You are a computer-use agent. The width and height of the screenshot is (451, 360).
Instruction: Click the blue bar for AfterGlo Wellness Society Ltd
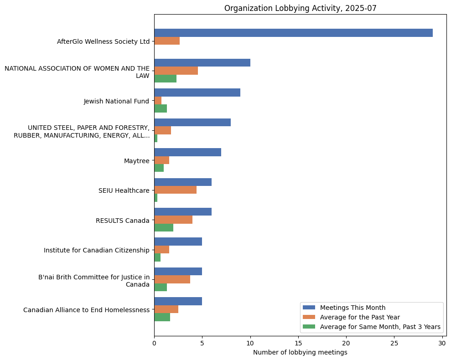293,33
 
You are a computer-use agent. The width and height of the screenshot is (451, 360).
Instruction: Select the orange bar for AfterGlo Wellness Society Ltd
167,41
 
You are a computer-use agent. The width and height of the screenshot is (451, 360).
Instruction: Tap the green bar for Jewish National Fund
161,108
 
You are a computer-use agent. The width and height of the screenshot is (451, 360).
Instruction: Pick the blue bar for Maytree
187,152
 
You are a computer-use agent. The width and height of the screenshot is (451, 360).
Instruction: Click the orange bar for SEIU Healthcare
175,190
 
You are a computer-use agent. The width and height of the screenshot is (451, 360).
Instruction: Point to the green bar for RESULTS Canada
164,228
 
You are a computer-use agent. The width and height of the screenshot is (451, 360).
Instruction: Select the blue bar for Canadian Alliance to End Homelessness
178,301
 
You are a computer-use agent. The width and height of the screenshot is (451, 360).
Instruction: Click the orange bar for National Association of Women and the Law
176,71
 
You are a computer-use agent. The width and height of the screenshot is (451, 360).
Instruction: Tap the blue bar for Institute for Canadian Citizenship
178,242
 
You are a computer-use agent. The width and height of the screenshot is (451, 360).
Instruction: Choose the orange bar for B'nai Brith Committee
172,279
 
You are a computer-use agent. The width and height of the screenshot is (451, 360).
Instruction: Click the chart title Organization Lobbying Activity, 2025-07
300,8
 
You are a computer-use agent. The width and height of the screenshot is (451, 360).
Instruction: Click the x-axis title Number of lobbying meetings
300,352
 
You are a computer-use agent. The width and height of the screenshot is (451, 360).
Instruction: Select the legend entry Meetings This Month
353,308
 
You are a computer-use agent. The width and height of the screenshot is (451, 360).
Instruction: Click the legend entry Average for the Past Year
360,317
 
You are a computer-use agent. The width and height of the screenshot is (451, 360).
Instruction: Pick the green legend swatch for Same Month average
309,327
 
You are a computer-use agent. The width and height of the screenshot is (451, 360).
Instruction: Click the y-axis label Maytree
137,160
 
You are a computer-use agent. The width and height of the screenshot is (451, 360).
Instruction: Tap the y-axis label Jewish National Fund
116,101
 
